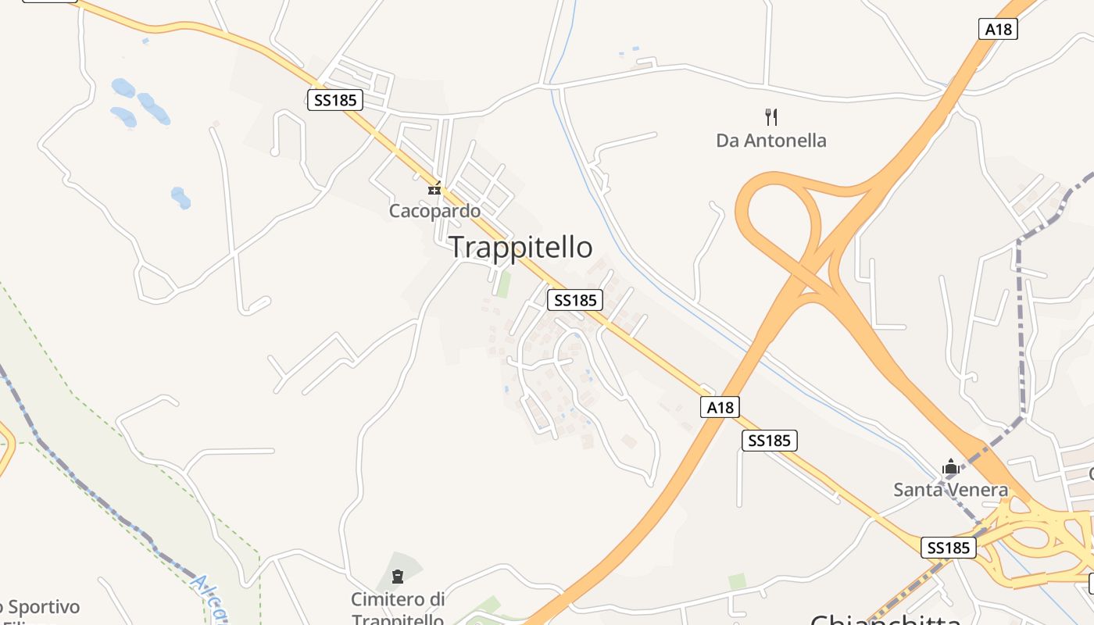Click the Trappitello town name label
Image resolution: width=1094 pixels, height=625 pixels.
[520, 247]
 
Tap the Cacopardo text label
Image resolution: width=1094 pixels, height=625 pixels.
[434, 211]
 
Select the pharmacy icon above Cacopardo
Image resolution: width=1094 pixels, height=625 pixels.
[434, 188]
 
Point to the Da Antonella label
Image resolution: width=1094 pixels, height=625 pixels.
[771, 141]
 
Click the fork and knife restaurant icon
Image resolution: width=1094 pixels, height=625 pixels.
[771, 117]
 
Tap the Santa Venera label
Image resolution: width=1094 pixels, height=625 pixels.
[950, 490]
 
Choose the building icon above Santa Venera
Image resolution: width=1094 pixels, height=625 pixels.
[951, 467]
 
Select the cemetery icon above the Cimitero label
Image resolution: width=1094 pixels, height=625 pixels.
[398, 577]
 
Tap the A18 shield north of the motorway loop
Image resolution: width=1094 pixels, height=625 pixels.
[998, 30]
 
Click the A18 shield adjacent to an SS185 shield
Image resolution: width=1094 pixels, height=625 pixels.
[720, 407]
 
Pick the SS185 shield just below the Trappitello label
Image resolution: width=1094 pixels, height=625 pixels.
[575, 300]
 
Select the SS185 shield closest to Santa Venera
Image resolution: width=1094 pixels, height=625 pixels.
[949, 548]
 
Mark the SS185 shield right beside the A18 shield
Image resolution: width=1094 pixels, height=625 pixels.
[770, 441]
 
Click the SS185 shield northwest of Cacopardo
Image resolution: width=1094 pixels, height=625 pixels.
[334, 100]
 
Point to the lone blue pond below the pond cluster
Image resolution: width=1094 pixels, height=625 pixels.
[181, 198]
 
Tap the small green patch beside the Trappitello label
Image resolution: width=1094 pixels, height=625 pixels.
[504, 284]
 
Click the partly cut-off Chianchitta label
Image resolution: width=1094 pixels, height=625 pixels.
[885, 619]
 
